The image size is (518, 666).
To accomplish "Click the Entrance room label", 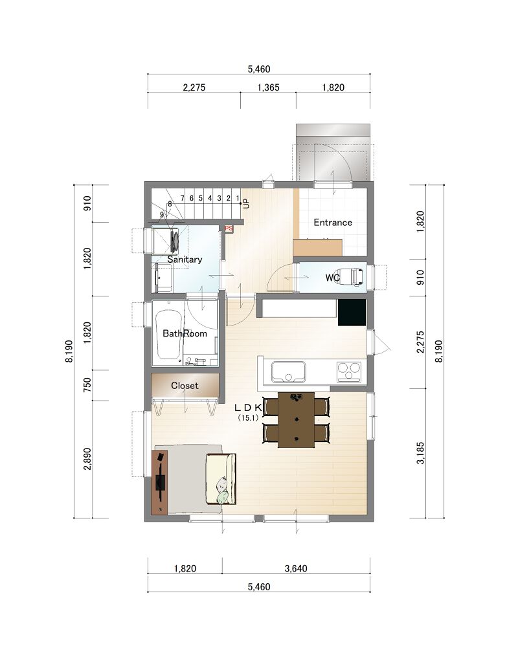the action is click(x=333, y=222).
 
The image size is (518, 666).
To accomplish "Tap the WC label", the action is click(x=332, y=278).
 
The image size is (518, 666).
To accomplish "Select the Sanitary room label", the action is click(x=185, y=260).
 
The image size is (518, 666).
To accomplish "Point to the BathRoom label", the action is click(x=185, y=333).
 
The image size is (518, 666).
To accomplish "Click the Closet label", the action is click(x=185, y=385).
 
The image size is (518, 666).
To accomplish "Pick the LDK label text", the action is click(x=248, y=408).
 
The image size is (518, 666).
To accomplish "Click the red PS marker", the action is click(x=229, y=228).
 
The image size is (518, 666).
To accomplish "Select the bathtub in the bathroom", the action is click(x=168, y=334).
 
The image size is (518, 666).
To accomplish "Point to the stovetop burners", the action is click(x=349, y=372).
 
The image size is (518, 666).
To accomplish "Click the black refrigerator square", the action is click(x=352, y=312).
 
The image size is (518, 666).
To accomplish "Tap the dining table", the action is click(x=296, y=419).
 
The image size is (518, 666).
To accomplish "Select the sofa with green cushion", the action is click(x=221, y=479).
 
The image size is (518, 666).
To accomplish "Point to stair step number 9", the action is click(x=161, y=215).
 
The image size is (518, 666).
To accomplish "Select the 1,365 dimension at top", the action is click(x=269, y=87).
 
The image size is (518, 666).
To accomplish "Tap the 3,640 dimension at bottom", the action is click(x=296, y=568).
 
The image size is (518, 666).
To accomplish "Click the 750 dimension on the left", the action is click(x=87, y=385).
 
